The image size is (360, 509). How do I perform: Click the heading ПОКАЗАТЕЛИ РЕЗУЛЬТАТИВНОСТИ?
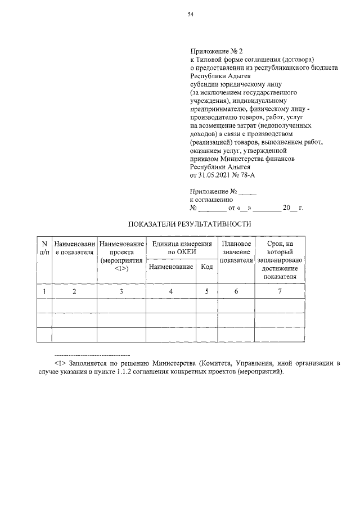pos(190,224)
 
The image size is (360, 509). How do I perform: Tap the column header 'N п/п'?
pos(44,248)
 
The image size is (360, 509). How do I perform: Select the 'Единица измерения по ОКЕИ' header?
pos(181,248)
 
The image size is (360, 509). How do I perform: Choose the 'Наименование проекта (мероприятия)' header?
pos(121,256)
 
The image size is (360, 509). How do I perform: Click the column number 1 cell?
pos(44,291)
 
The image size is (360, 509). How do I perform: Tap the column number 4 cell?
pos(171,291)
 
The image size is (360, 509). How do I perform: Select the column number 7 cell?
pos(280,291)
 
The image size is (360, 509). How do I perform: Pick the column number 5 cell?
pos(206,291)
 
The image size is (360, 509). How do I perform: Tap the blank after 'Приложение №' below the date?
pos(247,191)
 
